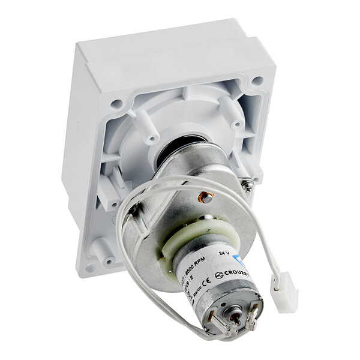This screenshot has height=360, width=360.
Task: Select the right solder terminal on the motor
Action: (x=252, y=313)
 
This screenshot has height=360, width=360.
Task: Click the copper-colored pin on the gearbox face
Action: (x=206, y=196)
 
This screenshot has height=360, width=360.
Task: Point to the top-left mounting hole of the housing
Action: (x=116, y=103)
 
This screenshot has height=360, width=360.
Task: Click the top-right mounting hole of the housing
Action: (x=257, y=80)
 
